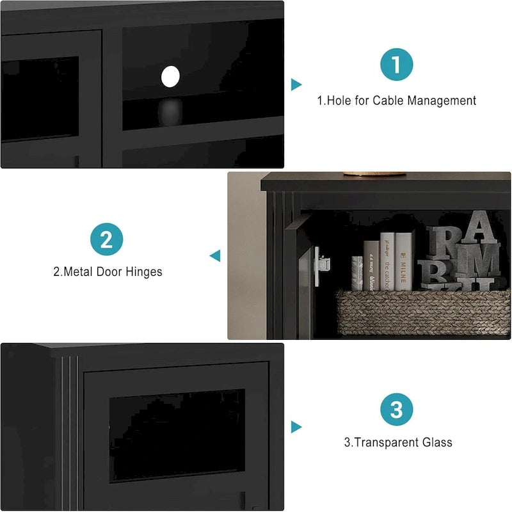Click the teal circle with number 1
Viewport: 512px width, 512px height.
click(x=397, y=65)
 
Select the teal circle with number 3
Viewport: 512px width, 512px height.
click(x=397, y=409)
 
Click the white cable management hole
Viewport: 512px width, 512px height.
click(x=171, y=77)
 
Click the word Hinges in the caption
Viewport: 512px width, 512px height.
click(x=144, y=272)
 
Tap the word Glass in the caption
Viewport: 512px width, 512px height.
click(x=437, y=442)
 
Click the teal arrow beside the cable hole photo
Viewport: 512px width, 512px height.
click(x=296, y=84)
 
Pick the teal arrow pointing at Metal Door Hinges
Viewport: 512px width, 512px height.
click(x=215, y=256)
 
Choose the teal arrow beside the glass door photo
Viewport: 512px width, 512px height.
click(x=296, y=427)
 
